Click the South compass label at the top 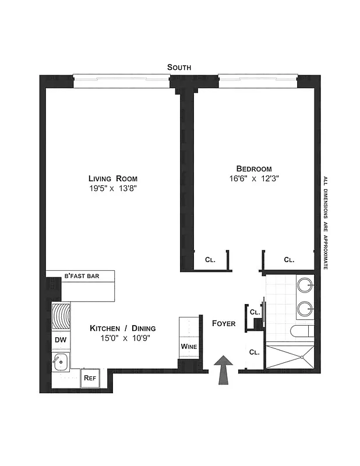pos(179,68)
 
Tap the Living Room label pos(113,178)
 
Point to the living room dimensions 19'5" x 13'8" pos(113,188)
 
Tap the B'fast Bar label pos(81,276)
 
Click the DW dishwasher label pos(60,340)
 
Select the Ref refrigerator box pos(90,377)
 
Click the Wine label pos(189,347)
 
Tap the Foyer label pos(224,323)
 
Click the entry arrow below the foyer pos(224,370)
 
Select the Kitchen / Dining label pos(122,329)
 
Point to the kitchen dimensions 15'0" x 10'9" pos(122,338)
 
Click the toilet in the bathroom pos(302,331)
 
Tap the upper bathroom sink pos(305,286)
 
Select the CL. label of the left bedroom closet pos(210,260)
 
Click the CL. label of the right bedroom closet pos(289,260)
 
